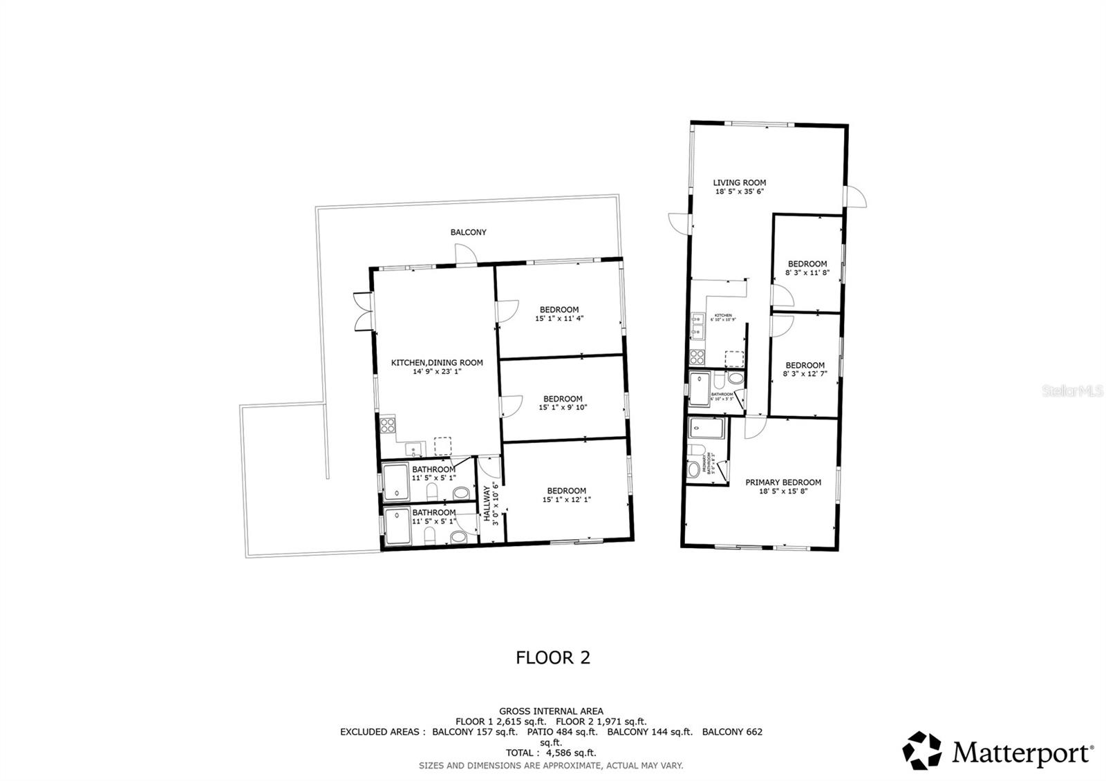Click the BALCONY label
point(468,232)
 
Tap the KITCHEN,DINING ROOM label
point(437,362)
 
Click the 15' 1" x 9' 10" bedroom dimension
point(563,408)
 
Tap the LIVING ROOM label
point(740,182)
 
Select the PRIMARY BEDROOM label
point(782,482)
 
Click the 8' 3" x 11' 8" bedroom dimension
point(807,273)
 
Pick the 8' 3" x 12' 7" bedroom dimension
point(805,374)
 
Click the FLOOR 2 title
point(553,657)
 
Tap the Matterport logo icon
point(923,751)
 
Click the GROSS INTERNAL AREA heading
point(551,711)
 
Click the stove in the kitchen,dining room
point(387,425)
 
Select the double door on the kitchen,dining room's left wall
point(361,312)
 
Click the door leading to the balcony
point(465,256)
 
